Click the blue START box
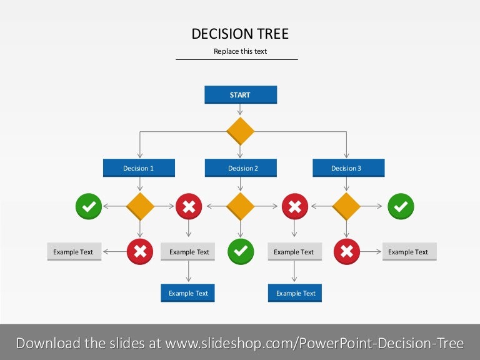[241, 94]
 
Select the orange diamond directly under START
[240, 131]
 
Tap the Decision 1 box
[139, 167]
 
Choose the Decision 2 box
[241, 167]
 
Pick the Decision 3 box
[348, 167]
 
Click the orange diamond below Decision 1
[140, 206]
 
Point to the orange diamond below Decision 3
[346, 206]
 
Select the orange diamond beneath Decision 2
[240, 206]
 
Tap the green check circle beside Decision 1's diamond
[89, 206]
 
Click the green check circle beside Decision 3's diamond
[401, 206]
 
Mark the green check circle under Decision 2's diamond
[241, 252]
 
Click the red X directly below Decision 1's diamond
[140, 252]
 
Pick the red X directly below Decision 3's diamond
[346, 252]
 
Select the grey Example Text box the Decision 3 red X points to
[409, 252]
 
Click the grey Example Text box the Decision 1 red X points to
[74, 252]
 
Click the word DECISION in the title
[222, 34]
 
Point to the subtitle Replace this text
[240, 51]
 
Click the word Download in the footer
[49, 343]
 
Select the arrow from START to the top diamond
[240, 109]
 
